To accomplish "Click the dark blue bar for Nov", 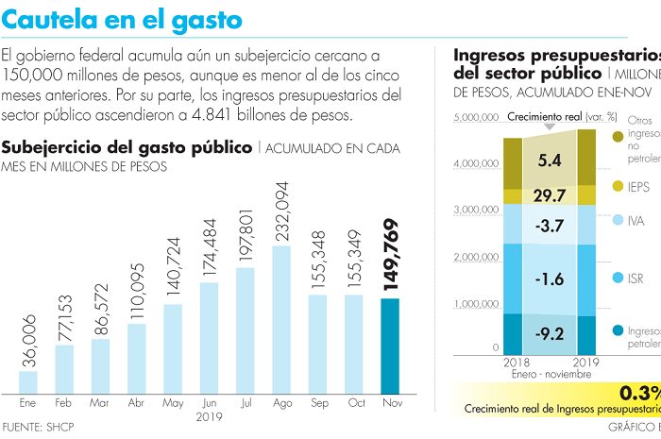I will [389, 346].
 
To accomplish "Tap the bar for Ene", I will [28, 381].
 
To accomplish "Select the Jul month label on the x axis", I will [245, 402].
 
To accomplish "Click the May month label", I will [173, 402].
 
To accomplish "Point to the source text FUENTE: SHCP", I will [38, 427].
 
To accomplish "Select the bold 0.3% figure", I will [639, 392].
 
